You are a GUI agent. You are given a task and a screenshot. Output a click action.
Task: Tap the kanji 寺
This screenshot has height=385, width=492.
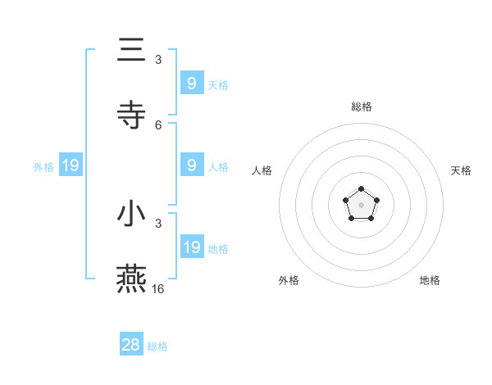(x=131, y=114)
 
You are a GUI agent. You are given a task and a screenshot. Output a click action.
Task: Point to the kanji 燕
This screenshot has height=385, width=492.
(x=131, y=279)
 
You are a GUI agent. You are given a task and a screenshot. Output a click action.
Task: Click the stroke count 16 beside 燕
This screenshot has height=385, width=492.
(x=158, y=289)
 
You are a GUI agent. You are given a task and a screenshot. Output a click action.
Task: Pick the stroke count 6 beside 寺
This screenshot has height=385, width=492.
(x=158, y=125)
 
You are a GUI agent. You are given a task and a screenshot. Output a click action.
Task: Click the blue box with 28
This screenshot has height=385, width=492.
(x=131, y=345)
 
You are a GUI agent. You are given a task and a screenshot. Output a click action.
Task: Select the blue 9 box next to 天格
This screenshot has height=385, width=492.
(x=191, y=83)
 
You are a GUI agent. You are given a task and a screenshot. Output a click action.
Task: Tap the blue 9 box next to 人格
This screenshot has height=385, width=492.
(x=191, y=165)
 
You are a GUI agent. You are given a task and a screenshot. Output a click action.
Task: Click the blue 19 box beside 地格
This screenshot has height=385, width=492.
(x=191, y=247)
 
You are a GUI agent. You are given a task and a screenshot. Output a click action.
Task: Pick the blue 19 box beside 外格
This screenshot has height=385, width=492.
(x=71, y=166)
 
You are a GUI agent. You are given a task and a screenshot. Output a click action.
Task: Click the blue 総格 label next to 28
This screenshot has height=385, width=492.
(x=157, y=346)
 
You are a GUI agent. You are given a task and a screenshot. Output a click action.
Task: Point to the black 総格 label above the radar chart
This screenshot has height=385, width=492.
(x=361, y=106)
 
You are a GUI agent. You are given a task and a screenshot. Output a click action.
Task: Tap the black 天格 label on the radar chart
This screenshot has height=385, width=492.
(x=461, y=170)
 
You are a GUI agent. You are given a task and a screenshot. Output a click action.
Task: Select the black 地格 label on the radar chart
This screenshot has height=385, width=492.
(x=430, y=280)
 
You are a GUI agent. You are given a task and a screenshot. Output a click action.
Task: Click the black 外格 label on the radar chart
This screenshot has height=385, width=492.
(x=289, y=280)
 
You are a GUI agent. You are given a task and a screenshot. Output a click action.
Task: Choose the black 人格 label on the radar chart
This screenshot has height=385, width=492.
(x=262, y=170)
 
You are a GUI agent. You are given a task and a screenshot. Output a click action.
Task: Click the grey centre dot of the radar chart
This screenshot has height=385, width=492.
(x=361, y=205)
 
